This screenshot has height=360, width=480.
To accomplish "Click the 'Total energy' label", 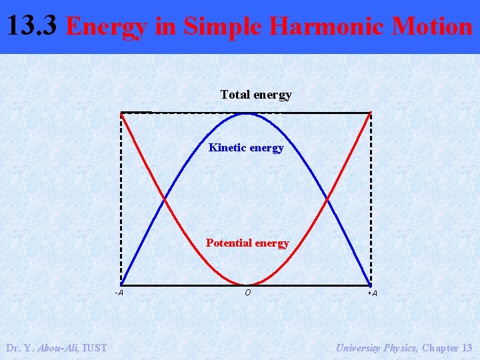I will point(256,95).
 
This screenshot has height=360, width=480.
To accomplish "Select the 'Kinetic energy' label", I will point(246,147).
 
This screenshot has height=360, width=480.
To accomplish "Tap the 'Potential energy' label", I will point(247,243).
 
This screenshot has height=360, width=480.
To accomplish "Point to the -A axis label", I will point(119,293).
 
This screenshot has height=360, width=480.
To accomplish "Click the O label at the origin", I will point(247,292).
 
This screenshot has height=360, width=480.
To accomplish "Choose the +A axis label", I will point(372,293).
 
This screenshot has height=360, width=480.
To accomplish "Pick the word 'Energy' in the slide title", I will point(107,27).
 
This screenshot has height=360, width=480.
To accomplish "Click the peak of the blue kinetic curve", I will point(246,113).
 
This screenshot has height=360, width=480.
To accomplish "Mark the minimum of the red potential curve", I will point(246,284).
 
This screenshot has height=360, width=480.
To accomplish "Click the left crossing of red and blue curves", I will point(164,199).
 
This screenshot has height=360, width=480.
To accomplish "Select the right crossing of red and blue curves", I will point(327,199).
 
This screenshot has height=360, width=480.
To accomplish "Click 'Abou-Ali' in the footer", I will point(57,347).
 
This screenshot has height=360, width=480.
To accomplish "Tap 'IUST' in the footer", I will point(95,347).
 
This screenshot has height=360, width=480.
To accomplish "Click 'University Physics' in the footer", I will point(376,347).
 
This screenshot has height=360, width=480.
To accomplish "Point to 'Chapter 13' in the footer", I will point(447,347).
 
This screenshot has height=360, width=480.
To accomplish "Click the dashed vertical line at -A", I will point(121,200).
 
